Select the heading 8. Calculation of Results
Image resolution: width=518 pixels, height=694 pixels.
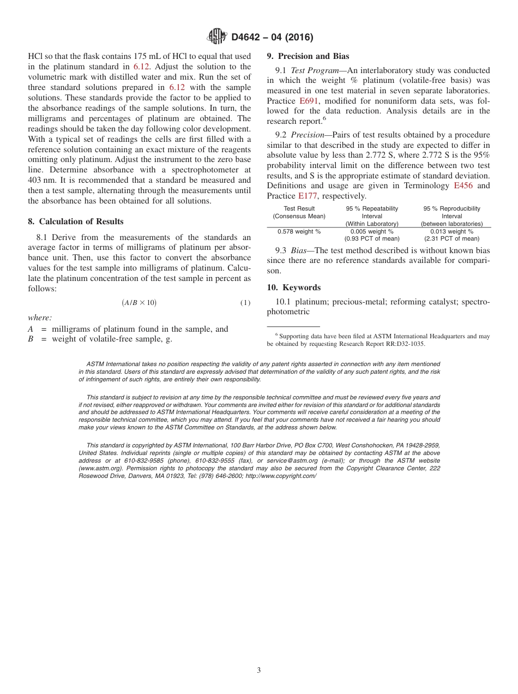(x=75, y=221)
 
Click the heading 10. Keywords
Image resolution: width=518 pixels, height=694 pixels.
(x=293, y=288)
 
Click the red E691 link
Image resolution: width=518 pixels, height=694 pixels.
(x=308, y=101)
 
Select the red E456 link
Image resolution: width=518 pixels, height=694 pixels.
(x=463, y=186)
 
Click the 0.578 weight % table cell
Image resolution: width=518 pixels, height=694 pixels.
(x=299, y=231)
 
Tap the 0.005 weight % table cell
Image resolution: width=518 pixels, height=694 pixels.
(x=372, y=231)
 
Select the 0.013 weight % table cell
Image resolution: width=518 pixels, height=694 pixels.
(x=451, y=231)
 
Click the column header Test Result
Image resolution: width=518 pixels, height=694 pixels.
(x=299, y=209)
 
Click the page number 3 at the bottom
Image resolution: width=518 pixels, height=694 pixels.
(x=259, y=671)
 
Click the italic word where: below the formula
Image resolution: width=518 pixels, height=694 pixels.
(x=39, y=318)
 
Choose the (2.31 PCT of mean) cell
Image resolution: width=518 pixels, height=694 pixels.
(x=451, y=238)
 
